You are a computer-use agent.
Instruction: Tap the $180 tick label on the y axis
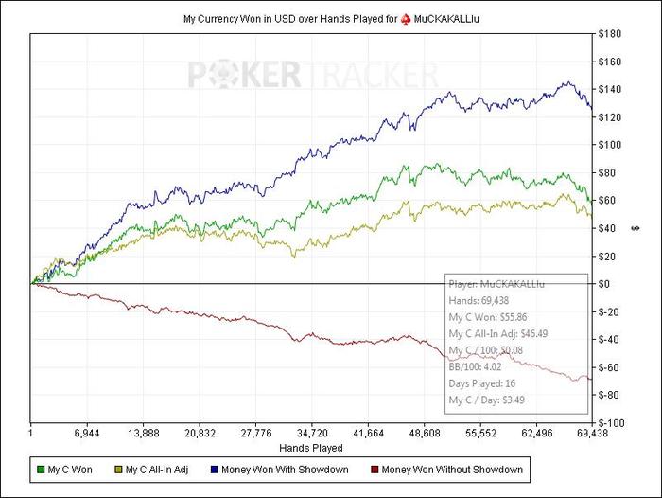(x=611, y=35)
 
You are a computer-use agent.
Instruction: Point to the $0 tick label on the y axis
(x=606, y=284)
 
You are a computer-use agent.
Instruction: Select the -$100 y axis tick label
(x=611, y=423)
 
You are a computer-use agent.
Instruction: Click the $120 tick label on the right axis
(x=611, y=118)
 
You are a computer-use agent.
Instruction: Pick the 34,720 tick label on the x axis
(x=312, y=433)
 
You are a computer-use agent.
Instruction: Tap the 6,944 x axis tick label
(x=87, y=433)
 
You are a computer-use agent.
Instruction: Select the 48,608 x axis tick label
(x=424, y=433)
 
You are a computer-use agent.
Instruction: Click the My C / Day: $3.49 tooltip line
(x=488, y=400)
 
